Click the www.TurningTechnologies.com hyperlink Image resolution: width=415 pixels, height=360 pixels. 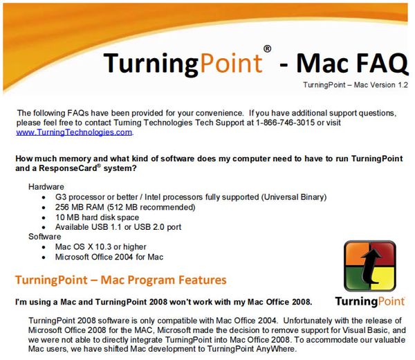click(74, 132)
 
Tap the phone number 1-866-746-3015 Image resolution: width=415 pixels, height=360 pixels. click(285, 123)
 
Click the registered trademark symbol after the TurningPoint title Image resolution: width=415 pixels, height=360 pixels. click(267, 48)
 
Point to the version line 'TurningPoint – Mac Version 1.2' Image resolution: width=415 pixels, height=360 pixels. click(356, 85)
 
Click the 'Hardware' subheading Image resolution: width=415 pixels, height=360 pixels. click(46, 187)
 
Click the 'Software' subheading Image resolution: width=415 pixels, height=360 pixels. click(45, 237)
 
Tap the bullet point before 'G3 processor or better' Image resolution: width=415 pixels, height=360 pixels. click(44, 197)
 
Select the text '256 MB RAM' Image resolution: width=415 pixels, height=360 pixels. click(80, 207)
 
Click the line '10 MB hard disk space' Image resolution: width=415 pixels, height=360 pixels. click(97, 217)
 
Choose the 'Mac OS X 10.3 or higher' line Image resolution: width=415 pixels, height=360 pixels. click(100, 247)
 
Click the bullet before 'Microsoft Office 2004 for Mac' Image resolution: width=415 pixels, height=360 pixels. click(44, 258)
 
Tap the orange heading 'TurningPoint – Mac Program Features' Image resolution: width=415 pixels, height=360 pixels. click(120, 280)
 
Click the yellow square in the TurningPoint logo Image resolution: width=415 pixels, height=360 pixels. click(382, 278)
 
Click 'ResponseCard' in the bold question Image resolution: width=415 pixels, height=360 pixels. click(68, 168)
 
